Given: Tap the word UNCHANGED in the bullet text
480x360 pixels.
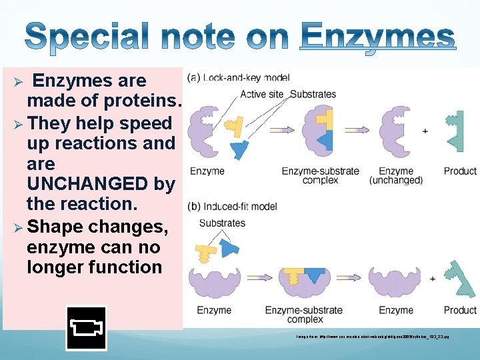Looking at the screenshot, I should tap(101, 183).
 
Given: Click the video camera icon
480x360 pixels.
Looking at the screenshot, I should tap(86, 328).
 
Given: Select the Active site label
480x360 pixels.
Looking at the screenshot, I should tap(262, 94).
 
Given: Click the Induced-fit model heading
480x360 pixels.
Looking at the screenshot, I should tap(233, 207).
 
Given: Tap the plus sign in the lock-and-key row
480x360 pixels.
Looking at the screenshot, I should tap(425, 131).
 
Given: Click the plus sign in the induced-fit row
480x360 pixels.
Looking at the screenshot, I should tap(433, 278).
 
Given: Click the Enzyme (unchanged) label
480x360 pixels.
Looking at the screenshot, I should tap(395, 175).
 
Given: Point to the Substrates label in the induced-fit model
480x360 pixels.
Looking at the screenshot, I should tap(222, 223).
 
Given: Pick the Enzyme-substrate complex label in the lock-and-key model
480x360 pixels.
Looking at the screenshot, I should tap(320, 175).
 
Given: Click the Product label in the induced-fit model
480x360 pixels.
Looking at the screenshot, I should tap(460, 310).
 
